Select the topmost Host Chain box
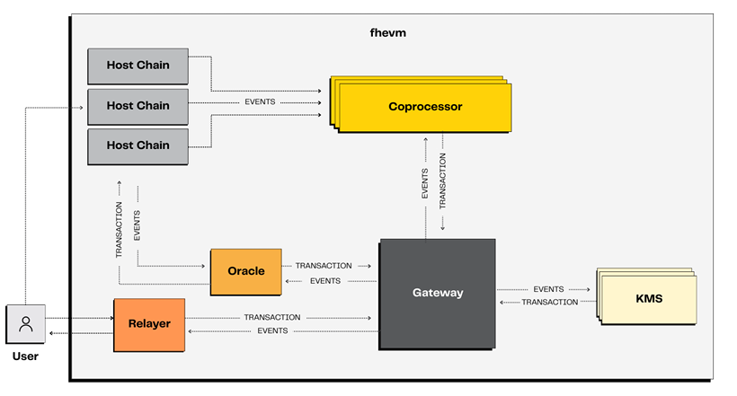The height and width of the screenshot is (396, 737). (x=138, y=66)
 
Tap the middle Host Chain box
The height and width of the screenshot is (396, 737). (x=138, y=106)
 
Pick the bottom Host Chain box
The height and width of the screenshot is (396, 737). (x=138, y=145)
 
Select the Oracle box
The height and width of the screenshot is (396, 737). (x=245, y=271)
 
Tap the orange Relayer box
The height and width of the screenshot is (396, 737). (x=148, y=324)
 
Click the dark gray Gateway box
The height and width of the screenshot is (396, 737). (x=437, y=293)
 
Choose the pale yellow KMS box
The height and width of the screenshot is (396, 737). (x=648, y=298)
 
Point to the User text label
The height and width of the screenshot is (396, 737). (x=25, y=357)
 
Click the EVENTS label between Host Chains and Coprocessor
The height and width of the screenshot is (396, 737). (x=260, y=102)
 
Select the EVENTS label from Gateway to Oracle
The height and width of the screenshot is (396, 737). (x=325, y=281)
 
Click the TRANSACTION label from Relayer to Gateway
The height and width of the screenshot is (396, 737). (x=271, y=318)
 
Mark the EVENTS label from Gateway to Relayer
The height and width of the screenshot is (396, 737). (x=272, y=331)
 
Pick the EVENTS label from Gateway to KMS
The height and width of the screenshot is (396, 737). (x=548, y=289)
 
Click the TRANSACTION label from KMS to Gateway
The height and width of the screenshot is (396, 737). (x=550, y=303)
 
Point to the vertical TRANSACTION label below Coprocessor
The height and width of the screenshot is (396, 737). (x=443, y=180)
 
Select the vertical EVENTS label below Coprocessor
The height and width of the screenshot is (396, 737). (x=425, y=183)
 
